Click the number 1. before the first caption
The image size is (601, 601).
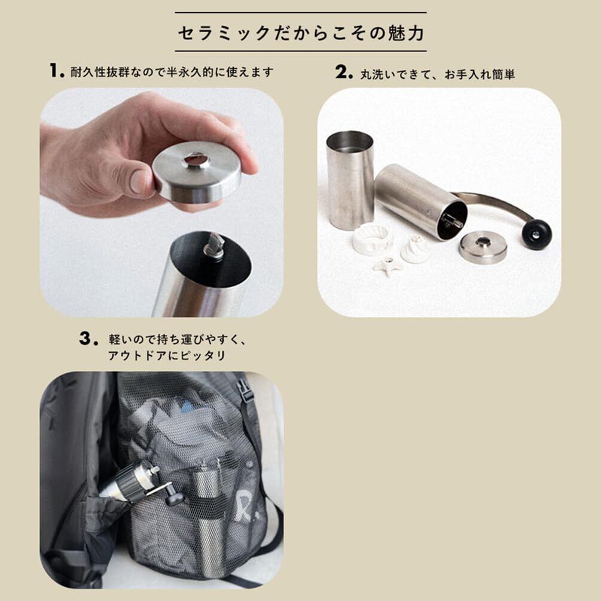click(57, 71)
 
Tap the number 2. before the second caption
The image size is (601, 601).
click(344, 72)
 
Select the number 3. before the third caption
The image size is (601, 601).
click(89, 338)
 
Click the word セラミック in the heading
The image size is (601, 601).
click(224, 33)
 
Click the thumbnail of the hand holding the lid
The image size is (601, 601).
click(161, 202)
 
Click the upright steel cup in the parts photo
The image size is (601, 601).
click(350, 178)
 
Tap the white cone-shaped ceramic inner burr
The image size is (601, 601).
click(415, 249)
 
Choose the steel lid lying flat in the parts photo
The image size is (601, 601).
click(483, 247)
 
